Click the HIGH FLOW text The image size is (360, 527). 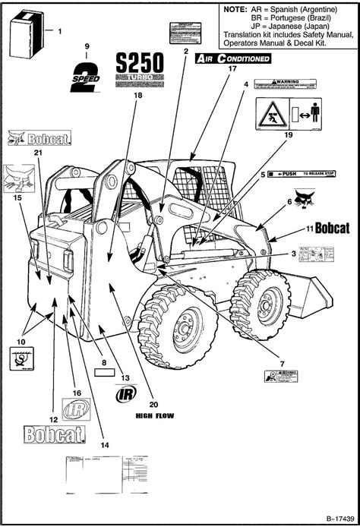point(153,415)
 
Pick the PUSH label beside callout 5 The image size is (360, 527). point(304,174)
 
